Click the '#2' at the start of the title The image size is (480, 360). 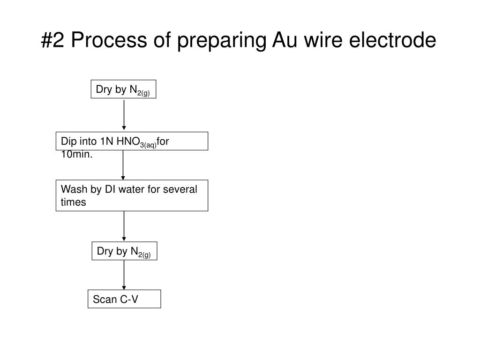(52, 40)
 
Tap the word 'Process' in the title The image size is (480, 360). (109, 40)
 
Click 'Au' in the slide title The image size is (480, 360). (285, 40)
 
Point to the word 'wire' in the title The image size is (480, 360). (323, 40)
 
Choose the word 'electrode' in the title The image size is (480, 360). (393, 40)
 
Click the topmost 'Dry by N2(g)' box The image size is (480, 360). (123, 89)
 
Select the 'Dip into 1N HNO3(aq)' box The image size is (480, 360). (132, 141)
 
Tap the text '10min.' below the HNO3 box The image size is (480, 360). (76, 154)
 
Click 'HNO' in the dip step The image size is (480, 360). (128, 141)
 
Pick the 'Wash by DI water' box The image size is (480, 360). (132, 195)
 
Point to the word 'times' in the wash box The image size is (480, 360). (73, 202)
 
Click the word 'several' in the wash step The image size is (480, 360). (180, 189)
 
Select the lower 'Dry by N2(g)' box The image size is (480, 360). (124, 251)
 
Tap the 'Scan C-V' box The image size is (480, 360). (124, 299)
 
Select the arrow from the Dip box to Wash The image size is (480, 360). (123, 165)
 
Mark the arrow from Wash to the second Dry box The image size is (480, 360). (124, 226)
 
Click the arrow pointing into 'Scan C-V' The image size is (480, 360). (124, 275)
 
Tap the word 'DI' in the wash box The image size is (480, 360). (110, 189)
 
